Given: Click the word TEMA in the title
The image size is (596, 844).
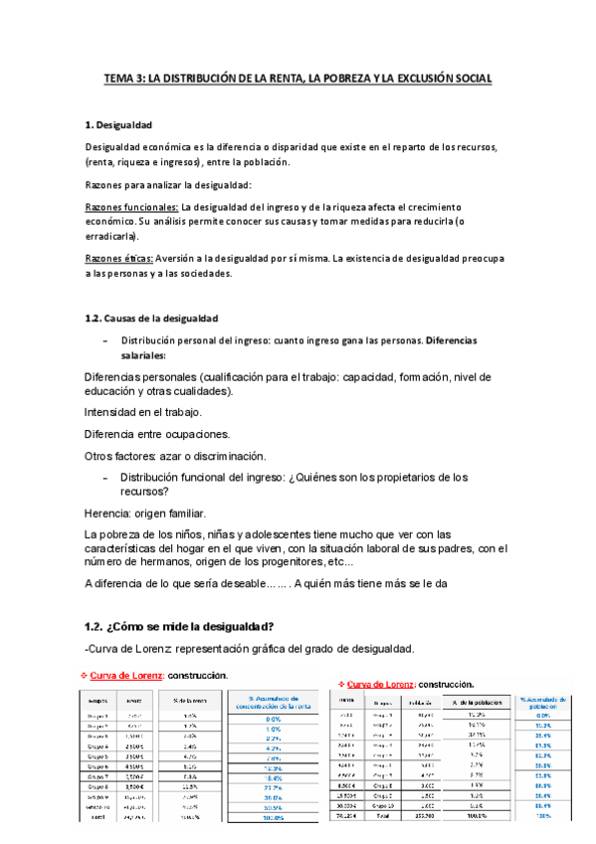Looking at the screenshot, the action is pyautogui.click(x=121, y=78).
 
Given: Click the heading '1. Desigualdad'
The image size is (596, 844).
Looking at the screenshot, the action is pyautogui.click(x=118, y=124).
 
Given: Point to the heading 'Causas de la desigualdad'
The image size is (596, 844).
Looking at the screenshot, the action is pyautogui.click(x=160, y=317).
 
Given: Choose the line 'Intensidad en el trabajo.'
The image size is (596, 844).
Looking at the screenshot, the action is pyautogui.click(x=143, y=412).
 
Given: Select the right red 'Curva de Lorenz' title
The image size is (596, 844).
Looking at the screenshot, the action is pyautogui.click(x=384, y=685).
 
